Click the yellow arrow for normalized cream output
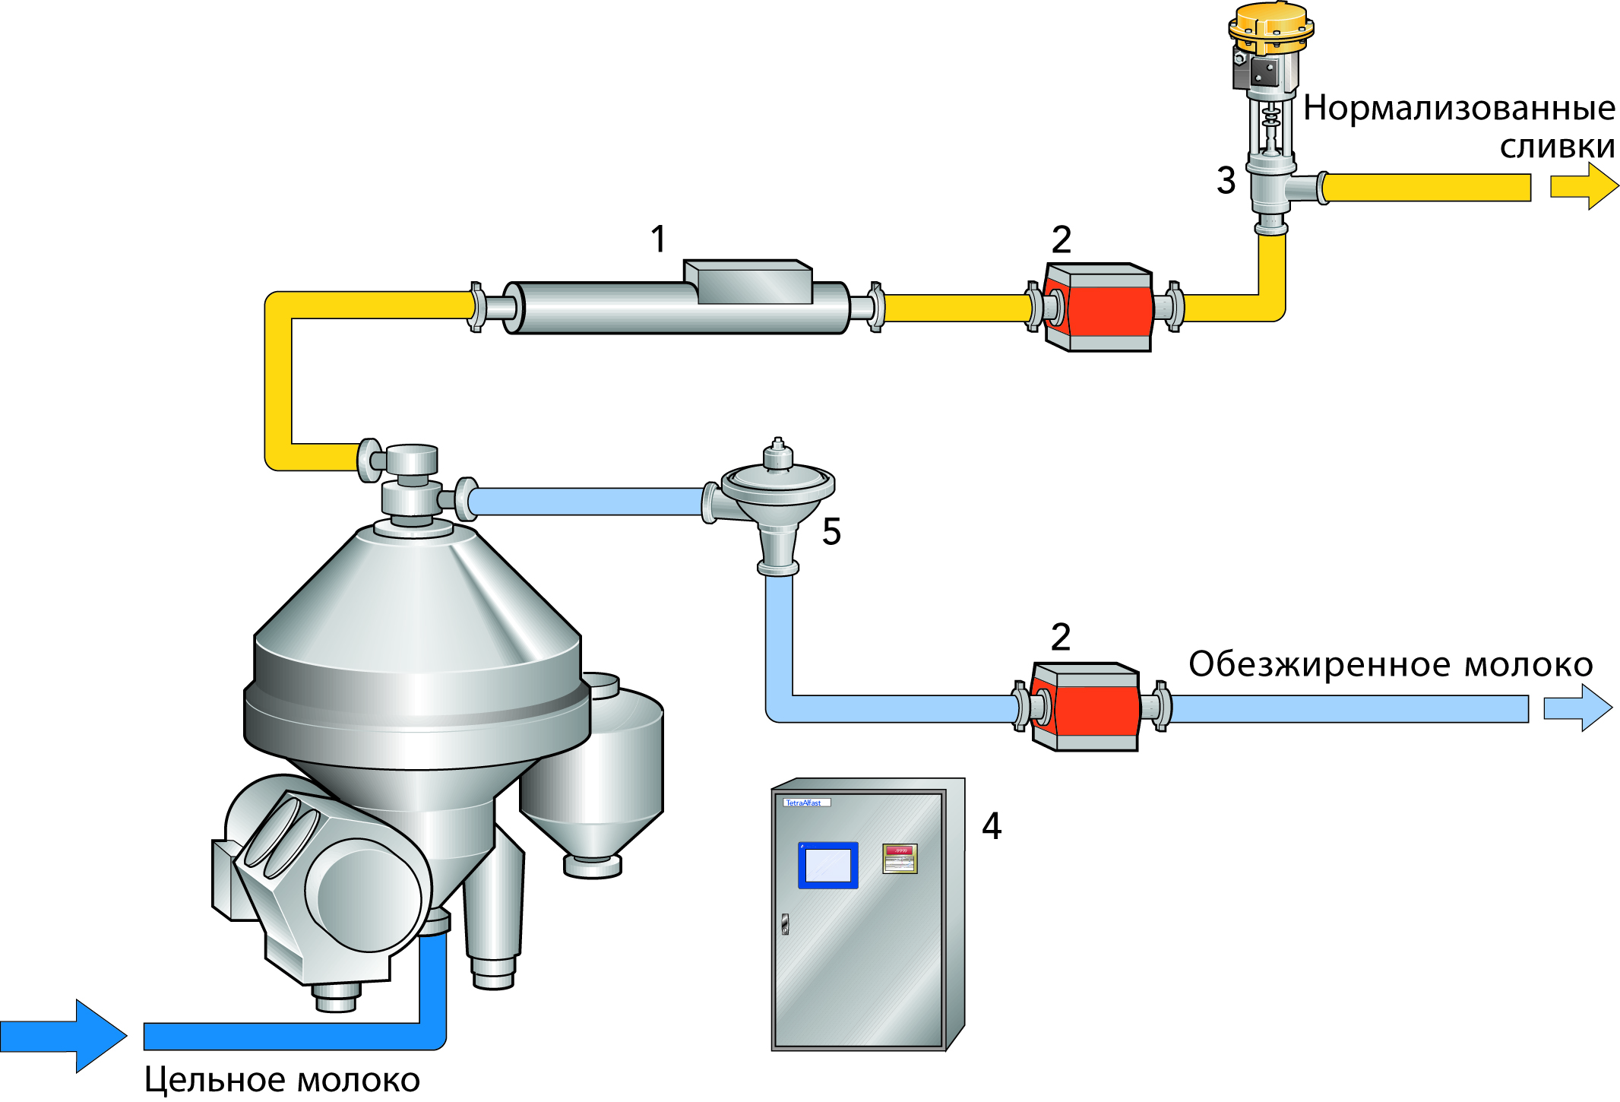(1583, 186)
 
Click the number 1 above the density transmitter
(658, 239)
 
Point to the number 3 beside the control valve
(1226, 181)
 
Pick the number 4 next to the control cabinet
(991, 826)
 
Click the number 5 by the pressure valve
(831, 531)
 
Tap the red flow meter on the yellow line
(1099, 307)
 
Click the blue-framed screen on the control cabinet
(827, 865)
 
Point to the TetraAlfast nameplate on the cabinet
(805, 803)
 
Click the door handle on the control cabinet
(785, 923)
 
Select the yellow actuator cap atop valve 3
(1270, 23)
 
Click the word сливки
(1557, 147)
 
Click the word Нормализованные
(1459, 108)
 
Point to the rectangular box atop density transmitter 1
(748, 282)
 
